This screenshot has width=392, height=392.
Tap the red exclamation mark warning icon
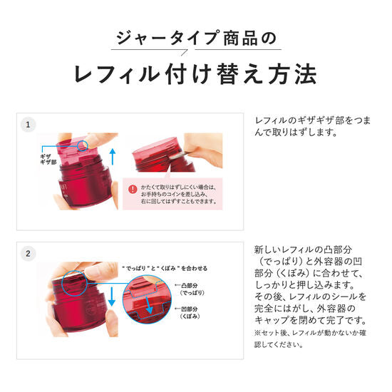(133, 189)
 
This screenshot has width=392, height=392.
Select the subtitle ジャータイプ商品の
(195, 38)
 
